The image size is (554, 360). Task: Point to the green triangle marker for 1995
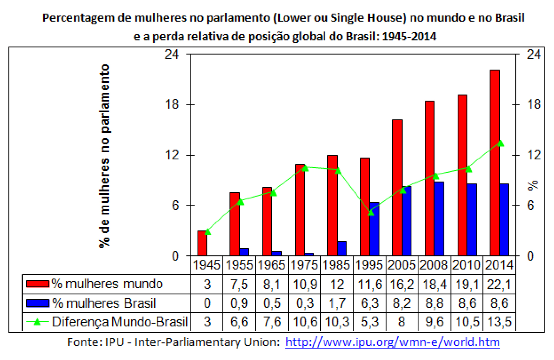coord(371,212)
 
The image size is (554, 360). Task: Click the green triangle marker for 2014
coord(501,144)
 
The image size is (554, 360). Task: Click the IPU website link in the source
coord(392,342)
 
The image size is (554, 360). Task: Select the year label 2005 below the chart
coord(401,265)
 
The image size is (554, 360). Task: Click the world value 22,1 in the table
coord(499,284)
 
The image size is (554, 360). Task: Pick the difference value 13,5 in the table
coord(499,321)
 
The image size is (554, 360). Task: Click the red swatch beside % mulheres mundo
coord(38,284)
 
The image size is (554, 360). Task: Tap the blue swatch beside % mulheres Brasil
coord(38,303)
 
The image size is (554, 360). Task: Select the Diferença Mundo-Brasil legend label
coord(120,321)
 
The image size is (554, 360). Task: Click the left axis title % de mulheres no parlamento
coord(104,156)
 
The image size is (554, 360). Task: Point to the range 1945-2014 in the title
coord(409,36)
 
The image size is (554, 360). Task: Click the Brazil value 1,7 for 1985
coord(337,303)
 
